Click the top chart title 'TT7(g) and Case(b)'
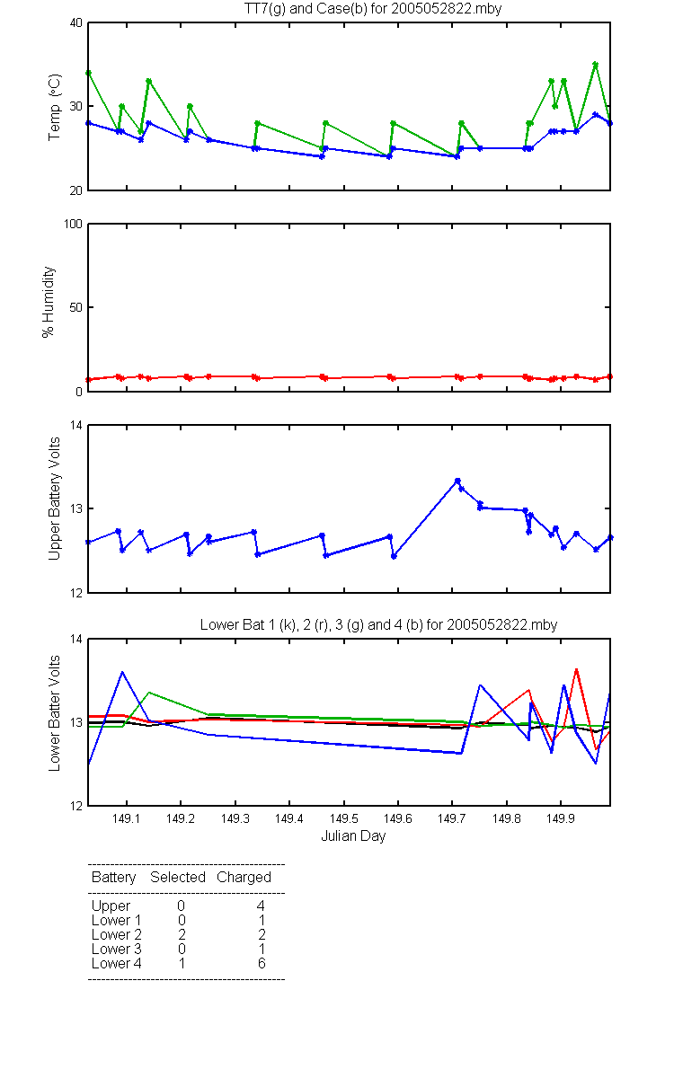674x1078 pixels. tap(306, 9)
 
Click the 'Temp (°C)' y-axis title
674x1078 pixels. tap(55, 107)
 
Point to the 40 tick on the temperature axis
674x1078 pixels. tap(76, 23)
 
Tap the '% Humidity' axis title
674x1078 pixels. tap(49, 302)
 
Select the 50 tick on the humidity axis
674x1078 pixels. tap(76, 307)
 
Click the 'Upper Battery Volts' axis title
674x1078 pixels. tap(55, 499)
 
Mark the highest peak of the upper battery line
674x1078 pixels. tap(457, 481)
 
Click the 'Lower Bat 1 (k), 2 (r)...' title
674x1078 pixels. tap(378, 624)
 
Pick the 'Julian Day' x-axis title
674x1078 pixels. tap(353, 836)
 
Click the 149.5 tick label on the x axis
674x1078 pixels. tap(343, 818)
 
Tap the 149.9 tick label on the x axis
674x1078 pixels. tap(561, 818)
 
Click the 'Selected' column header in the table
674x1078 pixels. tap(178, 877)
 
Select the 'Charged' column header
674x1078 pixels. tap(244, 878)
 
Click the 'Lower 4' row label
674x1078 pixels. tap(117, 963)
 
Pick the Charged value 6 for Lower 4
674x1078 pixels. tap(262, 963)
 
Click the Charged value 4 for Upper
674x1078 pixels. tap(261, 906)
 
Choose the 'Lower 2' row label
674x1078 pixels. tap(117, 934)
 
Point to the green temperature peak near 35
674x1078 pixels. tap(596, 64)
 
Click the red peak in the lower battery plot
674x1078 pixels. tap(576, 669)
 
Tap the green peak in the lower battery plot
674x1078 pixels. tap(149, 692)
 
